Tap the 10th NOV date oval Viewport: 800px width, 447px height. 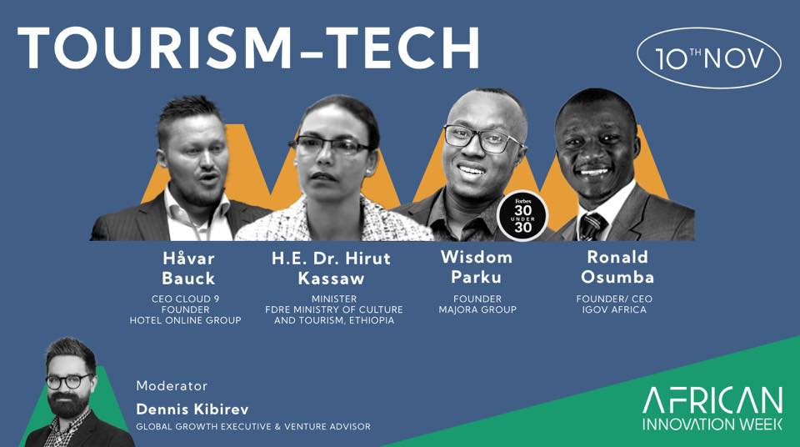coord(708,58)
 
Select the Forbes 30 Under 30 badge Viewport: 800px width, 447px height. coord(522,215)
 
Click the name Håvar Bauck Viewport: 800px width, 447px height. coord(188,269)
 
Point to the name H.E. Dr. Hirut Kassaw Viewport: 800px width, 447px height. coord(331,269)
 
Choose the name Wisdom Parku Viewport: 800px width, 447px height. coord(477,267)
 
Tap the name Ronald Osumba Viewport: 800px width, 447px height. coord(617,267)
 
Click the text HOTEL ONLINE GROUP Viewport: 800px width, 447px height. coord(185,321)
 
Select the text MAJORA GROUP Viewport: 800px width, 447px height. coord(477,309)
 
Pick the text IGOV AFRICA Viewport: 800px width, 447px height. coord(614,309)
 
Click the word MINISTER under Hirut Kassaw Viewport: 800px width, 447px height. coord(334,299)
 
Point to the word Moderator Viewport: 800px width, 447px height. coord(172,385)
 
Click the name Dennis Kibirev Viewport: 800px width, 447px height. coord(192,409)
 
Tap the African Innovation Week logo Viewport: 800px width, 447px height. coord(712,409)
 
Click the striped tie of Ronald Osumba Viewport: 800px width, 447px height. coord(592,226)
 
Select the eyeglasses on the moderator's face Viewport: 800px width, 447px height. coord(69,381)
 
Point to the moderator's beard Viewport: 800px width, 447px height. coord(68,404)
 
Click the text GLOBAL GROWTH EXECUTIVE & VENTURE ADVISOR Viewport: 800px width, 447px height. coord(253,426)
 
